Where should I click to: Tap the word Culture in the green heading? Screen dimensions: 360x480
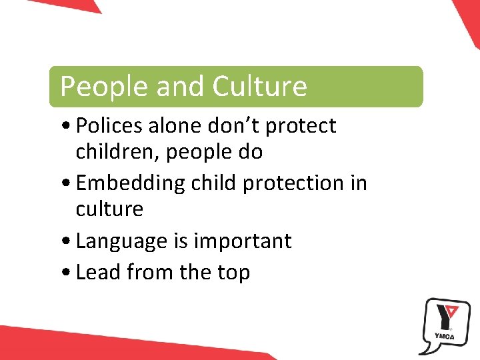point(259,87)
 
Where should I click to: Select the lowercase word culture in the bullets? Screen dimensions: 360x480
point(109,209)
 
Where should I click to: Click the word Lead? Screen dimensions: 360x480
point(99,272)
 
